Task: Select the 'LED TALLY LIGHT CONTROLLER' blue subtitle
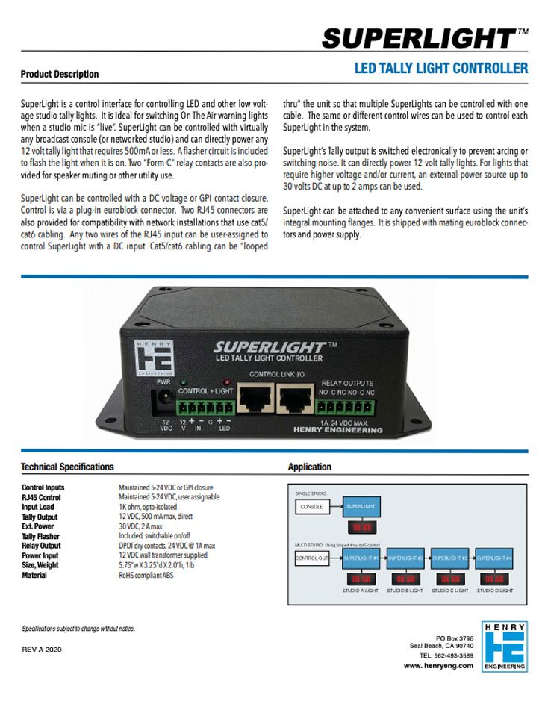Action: [440, 69]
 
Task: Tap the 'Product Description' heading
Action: [60, 74]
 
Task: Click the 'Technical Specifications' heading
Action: [67, 467]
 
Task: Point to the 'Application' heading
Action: [309, 467]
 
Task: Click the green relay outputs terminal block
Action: [346, 408]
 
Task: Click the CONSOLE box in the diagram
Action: [312, 507]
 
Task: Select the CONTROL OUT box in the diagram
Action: [312, 558]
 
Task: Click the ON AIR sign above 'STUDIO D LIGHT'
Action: [493, 579]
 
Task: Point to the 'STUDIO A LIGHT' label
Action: [361, 591]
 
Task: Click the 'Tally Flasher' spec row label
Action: [41, 536]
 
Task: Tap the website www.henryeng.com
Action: [438, 665]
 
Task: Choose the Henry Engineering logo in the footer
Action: [504, 647]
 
